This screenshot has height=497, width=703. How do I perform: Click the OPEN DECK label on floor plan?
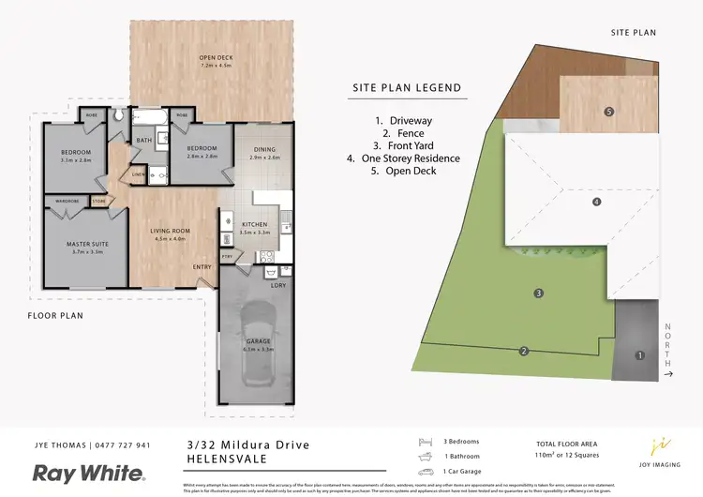[215, 58]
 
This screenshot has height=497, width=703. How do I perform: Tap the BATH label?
[143, 140]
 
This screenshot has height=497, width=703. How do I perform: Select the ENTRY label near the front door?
[202, 266]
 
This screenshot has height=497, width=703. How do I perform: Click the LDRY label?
[277, 284]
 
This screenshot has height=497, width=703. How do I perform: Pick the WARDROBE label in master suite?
[66, 200]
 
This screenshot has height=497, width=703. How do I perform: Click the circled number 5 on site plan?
[609, 112]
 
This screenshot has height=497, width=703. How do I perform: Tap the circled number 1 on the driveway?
[640, 355]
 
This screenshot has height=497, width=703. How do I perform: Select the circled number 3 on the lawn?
[539, 294]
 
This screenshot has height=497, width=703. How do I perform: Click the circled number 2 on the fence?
[524, 352]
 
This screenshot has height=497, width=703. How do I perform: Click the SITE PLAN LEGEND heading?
[406, 88]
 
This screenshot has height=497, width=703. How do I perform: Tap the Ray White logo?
[89, 473]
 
